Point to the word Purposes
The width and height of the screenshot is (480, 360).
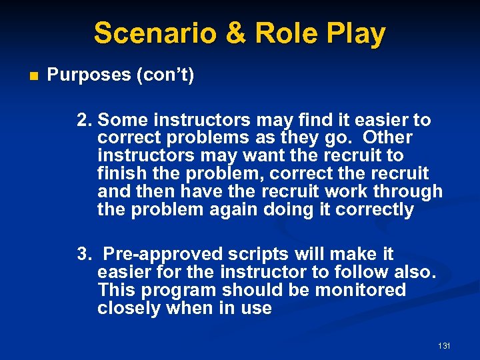(89, 75)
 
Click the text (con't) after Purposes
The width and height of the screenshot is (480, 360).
(165, 75)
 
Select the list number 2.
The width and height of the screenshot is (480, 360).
(83, 120)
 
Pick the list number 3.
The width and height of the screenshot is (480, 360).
(83, 254)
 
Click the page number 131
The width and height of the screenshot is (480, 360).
(445, 346)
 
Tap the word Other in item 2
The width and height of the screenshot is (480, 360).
(389, 138)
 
